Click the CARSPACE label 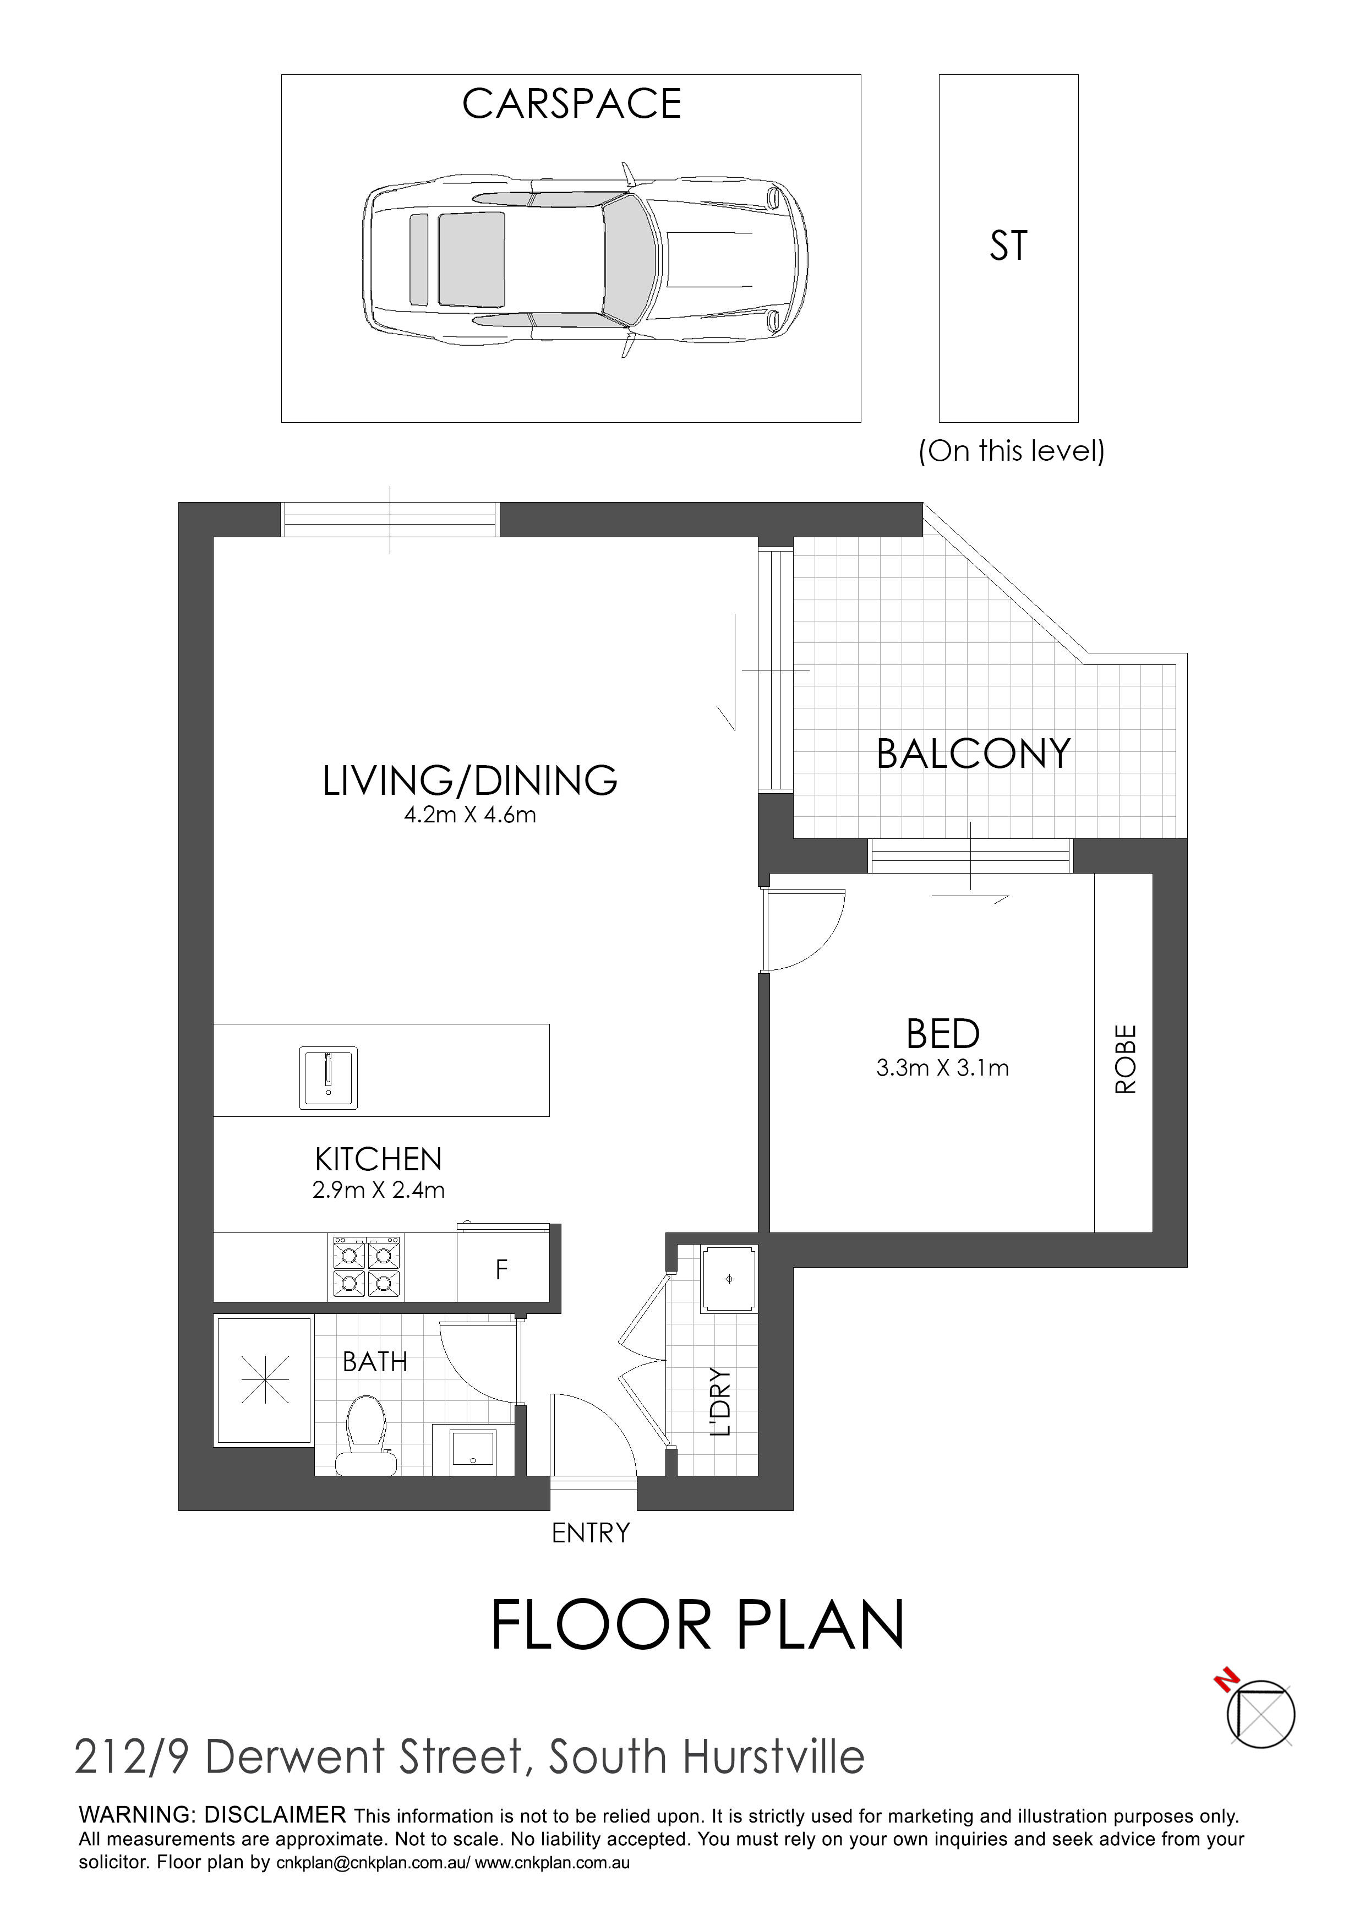[x=571, y=103]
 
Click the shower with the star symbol [x=264, y=1380]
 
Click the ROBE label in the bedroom [x=1126, y=1059]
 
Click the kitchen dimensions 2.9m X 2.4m [x=379, y=1190]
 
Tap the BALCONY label [x=973, y=754]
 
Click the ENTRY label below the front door [x=591, y=1533]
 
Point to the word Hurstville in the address [x=774, y=1757]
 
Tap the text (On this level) [x=1011, y=451]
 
